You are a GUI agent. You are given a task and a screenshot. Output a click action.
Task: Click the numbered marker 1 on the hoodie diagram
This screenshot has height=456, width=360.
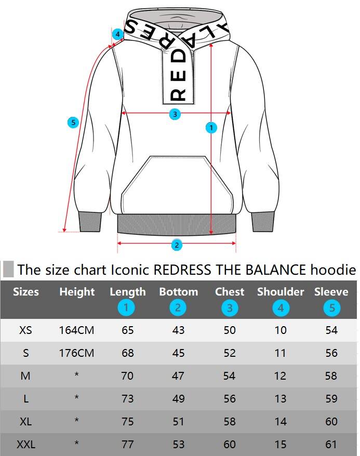coord(211,127)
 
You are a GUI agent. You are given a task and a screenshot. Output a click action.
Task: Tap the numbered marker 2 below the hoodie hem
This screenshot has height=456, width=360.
coord(177,245)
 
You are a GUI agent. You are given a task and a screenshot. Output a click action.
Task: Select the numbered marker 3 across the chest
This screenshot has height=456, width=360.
coord(175,114)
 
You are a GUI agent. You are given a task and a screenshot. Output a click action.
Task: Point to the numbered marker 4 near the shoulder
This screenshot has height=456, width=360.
coord(118,34)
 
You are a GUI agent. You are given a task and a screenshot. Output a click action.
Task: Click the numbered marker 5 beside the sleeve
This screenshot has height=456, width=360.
coord(73,123)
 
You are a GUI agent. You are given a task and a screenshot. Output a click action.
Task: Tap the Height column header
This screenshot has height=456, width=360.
coord(77,292)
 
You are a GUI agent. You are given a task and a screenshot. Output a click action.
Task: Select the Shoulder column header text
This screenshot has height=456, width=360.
coord(281,292)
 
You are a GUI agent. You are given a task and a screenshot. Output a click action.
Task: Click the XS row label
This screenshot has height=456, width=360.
coord(25,330)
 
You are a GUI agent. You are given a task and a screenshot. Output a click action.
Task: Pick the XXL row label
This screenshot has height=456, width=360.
coord(25,445)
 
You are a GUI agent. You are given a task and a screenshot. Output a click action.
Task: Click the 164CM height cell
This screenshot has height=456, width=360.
coord(77,330)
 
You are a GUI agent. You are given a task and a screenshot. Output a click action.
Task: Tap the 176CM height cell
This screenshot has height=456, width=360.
coord(77,353)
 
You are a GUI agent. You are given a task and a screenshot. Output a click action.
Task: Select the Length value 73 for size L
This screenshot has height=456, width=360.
coord(127,399)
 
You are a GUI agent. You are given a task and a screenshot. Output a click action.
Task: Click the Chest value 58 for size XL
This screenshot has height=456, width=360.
coord(229,422)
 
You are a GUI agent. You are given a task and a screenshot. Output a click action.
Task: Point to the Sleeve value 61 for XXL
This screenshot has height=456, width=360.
coord(331,445)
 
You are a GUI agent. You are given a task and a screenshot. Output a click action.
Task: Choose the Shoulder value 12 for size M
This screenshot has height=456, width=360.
coord(281,376)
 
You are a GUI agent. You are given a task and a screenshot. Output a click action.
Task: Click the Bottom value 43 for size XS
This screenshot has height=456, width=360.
coord(178,330)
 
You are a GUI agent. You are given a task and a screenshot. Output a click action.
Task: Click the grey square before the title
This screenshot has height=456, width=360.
coord(8,270)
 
